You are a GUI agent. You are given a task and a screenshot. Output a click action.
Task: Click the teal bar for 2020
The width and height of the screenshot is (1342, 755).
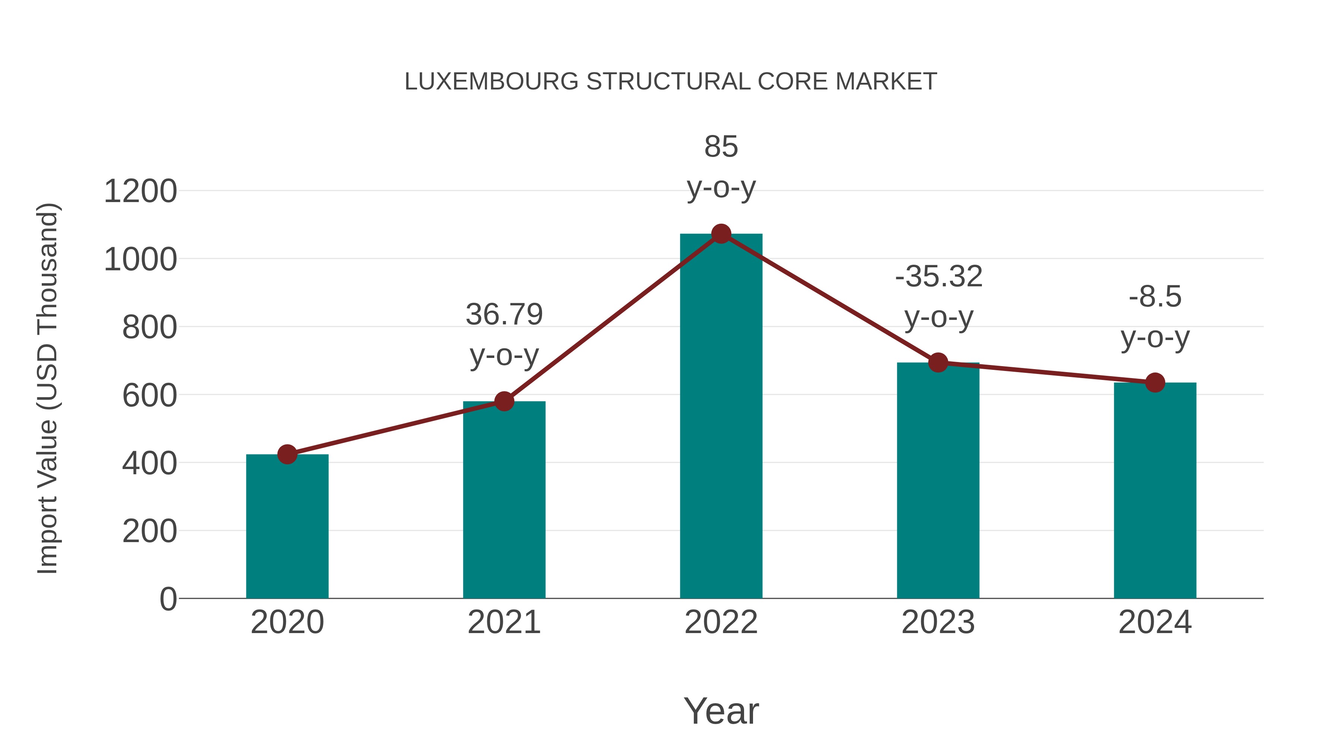point(287,526)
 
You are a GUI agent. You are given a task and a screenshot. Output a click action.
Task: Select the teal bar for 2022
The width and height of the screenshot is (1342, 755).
point(721,417)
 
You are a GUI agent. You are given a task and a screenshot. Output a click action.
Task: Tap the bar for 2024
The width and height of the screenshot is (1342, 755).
point(1155,490)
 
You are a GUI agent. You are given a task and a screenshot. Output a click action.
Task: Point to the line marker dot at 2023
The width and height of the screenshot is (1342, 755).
point(938,362)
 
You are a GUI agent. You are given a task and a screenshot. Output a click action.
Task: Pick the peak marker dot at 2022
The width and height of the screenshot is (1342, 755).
point(721,234)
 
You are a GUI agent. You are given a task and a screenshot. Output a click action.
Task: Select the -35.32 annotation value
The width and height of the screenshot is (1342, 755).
point(939,276)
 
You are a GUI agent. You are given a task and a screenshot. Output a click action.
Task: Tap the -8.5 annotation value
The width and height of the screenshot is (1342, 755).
point(1155,297)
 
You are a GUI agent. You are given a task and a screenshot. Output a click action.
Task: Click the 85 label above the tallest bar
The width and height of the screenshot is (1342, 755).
point(721,147)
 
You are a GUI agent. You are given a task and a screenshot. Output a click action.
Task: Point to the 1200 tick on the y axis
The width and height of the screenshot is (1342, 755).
point(141,191)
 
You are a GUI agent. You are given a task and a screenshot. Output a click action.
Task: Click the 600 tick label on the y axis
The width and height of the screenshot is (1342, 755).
point(149,396)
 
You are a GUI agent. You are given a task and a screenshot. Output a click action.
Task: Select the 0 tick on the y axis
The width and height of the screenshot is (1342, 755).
point(168,599)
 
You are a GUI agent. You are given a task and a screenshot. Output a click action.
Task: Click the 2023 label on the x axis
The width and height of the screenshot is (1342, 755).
point(938,622)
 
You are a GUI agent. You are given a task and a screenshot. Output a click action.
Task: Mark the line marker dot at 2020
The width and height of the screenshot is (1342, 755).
point(287,454)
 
